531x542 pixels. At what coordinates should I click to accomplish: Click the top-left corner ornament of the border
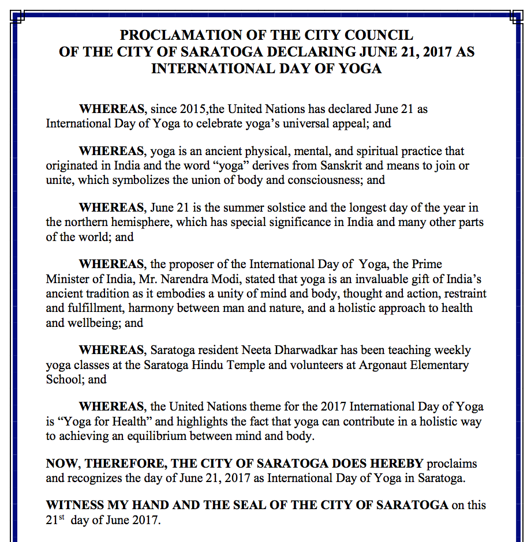[x=17, y=17]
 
